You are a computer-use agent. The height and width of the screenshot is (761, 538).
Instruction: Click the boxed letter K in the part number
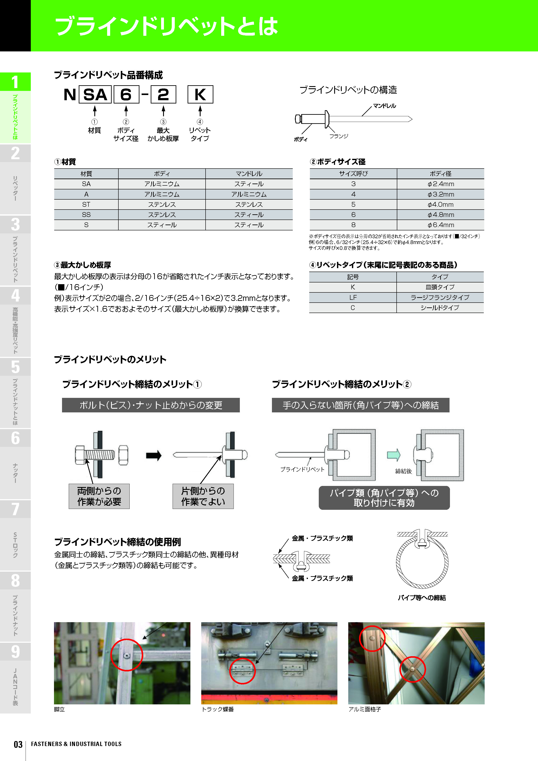(x=200, y=94)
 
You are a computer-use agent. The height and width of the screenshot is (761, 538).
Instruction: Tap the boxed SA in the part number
(x=95, y=94)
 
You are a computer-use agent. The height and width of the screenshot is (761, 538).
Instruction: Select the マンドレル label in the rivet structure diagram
(x=384, y=106)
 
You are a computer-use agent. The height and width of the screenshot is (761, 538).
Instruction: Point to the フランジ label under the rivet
(x=338, y=136)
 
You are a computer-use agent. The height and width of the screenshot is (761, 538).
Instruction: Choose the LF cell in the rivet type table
(x=353, y=298)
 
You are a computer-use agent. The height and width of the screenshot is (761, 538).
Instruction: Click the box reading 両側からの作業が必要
(x=99, y=496)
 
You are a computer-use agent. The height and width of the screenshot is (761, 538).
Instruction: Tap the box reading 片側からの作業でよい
(x=203, y=496)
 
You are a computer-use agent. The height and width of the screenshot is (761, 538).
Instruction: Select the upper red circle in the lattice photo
(x=372, y=639)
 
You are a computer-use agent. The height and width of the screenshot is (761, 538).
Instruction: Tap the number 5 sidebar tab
(x=15, y=367)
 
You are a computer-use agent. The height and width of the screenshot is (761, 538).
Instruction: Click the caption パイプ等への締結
(x=422, y=598)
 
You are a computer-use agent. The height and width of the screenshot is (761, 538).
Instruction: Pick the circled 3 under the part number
(x=163, y=122)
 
